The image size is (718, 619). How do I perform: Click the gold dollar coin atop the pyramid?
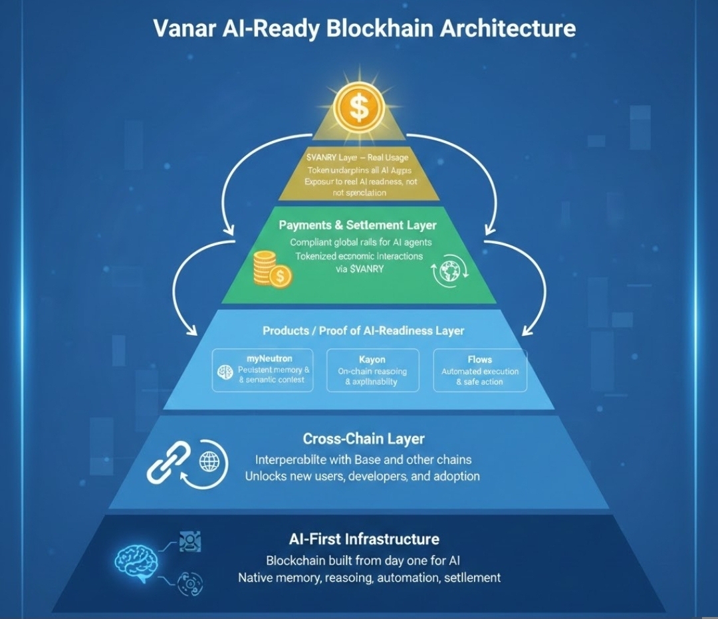click(358, 108)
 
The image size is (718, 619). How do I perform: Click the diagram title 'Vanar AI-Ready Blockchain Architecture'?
click(364, 29)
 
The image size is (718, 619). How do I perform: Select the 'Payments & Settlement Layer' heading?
click(358, 225)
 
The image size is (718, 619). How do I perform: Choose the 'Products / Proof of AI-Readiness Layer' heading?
click(363, 330)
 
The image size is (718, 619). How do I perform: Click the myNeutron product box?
click(262, 370)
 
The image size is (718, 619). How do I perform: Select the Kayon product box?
click(373, 370)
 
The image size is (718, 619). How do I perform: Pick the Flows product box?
click(479, 370)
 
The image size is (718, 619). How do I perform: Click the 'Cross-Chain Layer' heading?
click(364, 439)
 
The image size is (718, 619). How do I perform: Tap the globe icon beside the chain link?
click(209, 459)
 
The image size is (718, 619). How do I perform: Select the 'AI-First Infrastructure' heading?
click(364, 539)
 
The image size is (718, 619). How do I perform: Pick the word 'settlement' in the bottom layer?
click(471, 577)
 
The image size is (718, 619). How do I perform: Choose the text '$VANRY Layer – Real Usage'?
click(358, 158)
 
